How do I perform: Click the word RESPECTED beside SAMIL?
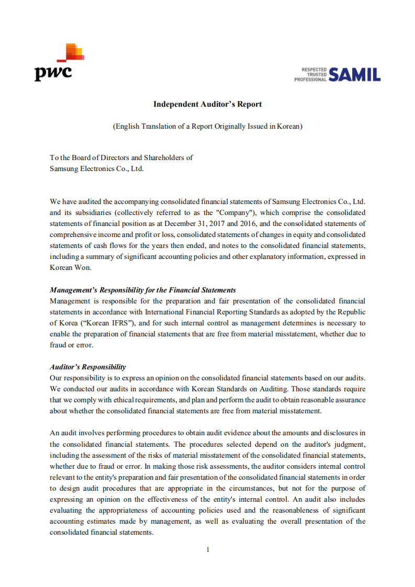315,70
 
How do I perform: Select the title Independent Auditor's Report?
207,104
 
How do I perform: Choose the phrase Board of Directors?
94,157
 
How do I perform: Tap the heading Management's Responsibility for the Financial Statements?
143,290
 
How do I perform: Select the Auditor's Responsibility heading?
88,367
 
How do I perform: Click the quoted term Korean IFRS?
116,323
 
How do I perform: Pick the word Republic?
351,312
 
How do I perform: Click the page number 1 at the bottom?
208,549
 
